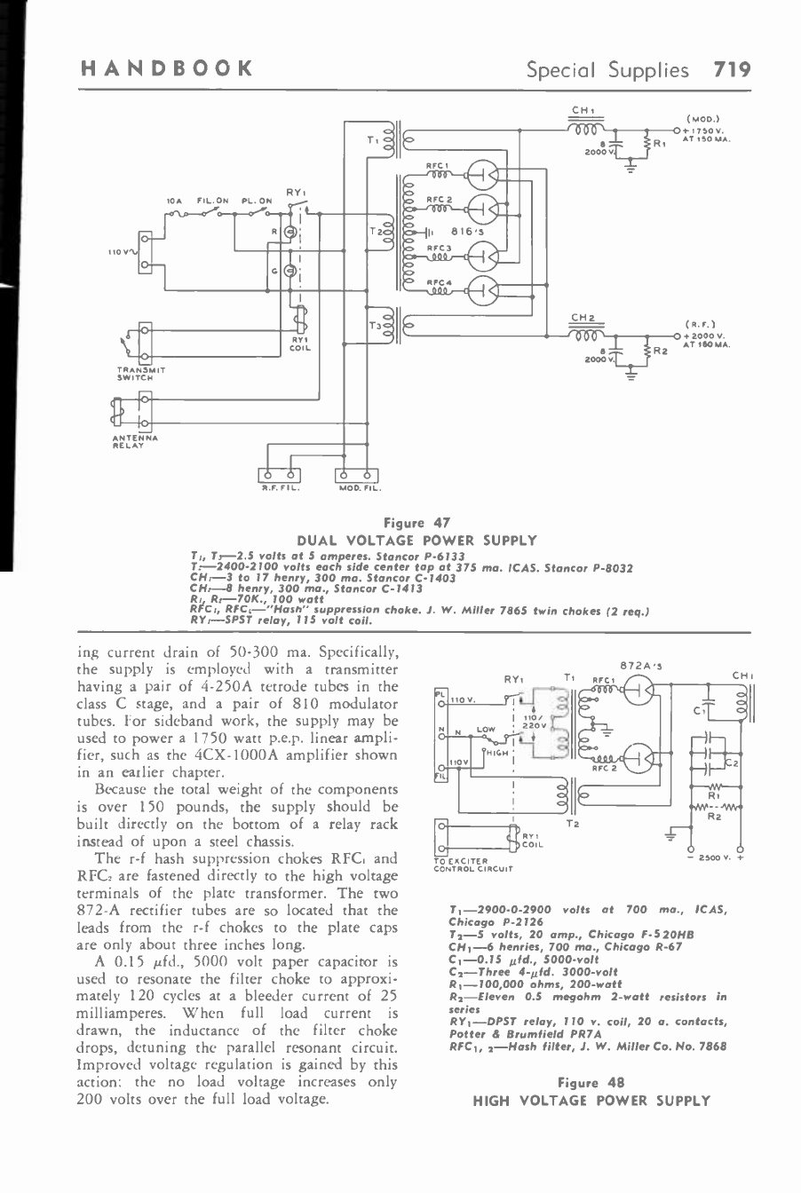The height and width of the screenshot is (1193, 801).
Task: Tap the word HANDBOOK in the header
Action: tap(165, 69)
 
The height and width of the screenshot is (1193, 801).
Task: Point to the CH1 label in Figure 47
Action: tap(582, 110)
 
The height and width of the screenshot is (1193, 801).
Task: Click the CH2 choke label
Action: tap(582, 317)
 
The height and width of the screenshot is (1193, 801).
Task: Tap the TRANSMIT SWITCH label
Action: tap(141, 374)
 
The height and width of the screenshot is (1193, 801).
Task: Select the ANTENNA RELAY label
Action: tap(134, 441)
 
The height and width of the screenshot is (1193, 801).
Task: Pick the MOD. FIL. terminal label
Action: tap(359, 488)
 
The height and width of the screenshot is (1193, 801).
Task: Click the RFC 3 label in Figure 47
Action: tap(439, 248)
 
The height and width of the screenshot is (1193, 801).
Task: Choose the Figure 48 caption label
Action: tap(591, 1082)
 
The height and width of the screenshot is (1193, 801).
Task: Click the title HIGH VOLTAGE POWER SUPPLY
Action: tap(591, 1100)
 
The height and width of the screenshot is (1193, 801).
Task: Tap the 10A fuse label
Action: tap(174, 201)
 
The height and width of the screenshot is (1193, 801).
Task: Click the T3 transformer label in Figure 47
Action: tap(374, 325)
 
